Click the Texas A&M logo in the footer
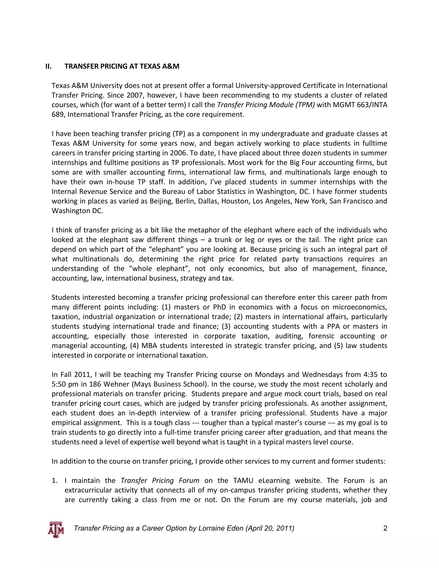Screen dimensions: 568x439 [x=56, y=529]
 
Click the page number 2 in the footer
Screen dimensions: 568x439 [x=385, y=528]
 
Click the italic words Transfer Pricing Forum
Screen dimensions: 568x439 [x=160, y=480]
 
